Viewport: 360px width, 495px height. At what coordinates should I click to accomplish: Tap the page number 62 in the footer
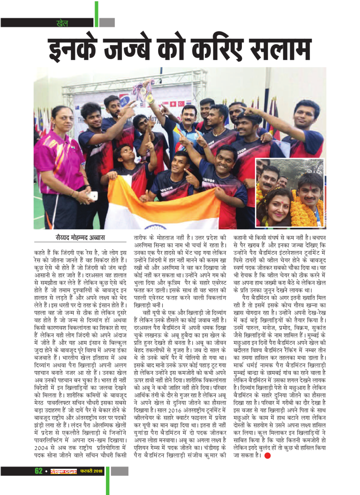(38, 471)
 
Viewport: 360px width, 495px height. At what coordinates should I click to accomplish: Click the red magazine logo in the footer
(64, 471)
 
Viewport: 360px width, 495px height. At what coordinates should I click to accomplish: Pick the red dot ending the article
(267, 456)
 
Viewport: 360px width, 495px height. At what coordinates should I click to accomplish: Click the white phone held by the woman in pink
(92, 196)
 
